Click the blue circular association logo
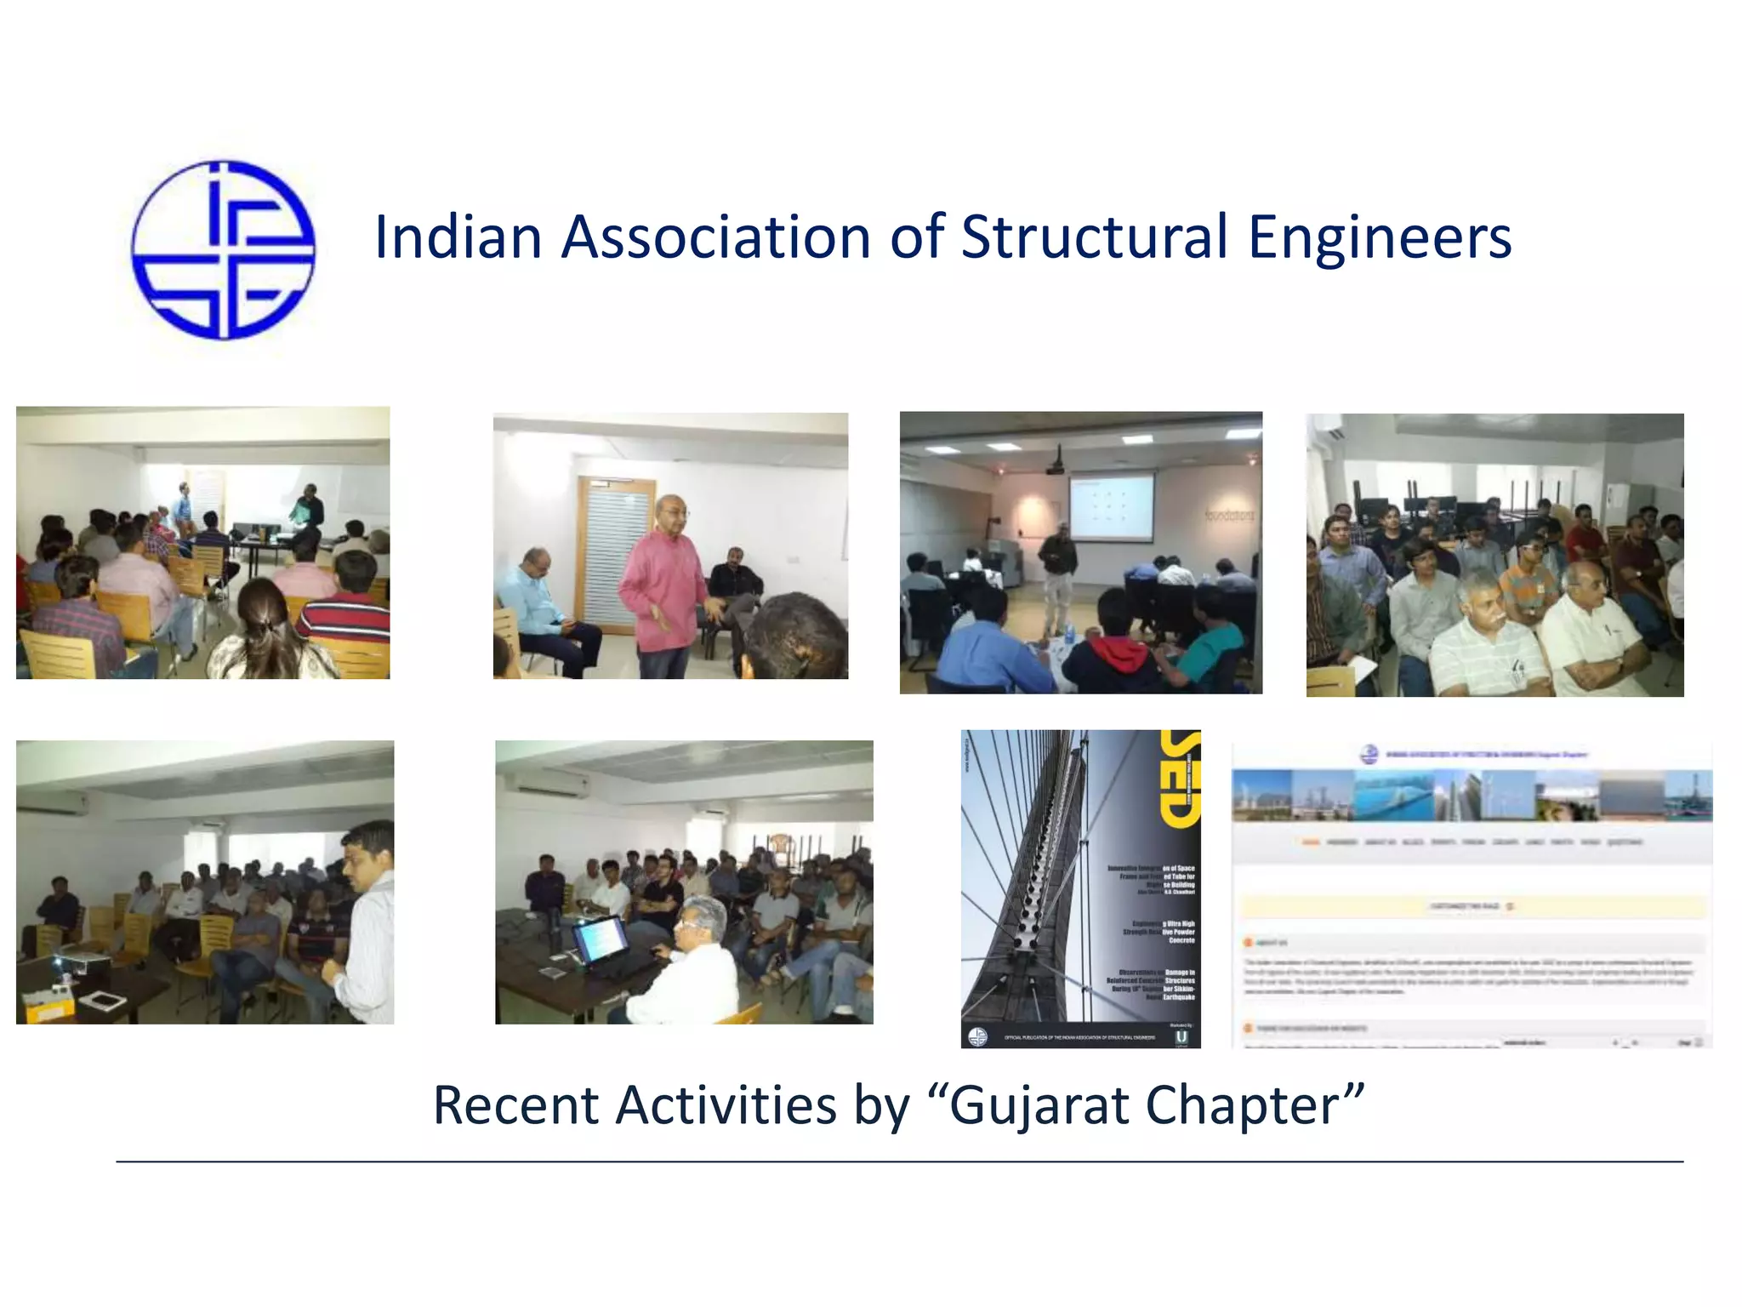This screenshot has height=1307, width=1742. tap(223, 250)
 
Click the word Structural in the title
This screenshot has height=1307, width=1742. tap(1094, 237)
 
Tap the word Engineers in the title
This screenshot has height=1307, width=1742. tap(1380, 237)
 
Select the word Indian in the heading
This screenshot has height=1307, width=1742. tap(458, 237)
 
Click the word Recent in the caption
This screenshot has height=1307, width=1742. tap(516, 1106)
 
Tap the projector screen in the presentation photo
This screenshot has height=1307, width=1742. tap(1112, 506)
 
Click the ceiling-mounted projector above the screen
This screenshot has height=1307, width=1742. tap(1056, 465)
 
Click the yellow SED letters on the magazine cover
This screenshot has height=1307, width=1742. tap(1180, 779)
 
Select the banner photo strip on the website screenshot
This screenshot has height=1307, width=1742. tap(1472, 796)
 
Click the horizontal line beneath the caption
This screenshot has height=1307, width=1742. tap(899, 1161)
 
